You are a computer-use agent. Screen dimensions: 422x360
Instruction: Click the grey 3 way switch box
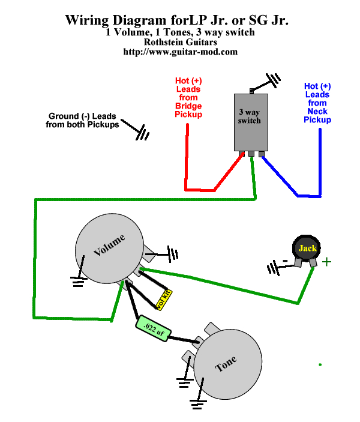click(249, 123)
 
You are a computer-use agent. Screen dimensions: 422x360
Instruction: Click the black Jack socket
click(307, 249)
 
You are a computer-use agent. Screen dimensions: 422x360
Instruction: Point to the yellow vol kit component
click(163, 298)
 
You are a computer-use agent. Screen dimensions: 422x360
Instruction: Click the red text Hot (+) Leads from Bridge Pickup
click(188, 97)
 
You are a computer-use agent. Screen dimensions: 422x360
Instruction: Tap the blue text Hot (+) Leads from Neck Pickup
click(317, 103)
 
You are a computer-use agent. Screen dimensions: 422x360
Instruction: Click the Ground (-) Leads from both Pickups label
click(82, 120)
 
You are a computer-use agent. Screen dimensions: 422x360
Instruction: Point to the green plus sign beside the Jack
click(326, 262)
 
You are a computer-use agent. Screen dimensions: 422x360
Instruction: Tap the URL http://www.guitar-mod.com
click(180, 52)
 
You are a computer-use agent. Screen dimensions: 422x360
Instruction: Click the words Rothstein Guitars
click(180, 42)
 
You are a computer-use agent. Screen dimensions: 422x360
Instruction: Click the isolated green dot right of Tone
click(320, 364)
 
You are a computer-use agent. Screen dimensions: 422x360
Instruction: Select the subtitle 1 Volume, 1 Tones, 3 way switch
click(180, 32)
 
